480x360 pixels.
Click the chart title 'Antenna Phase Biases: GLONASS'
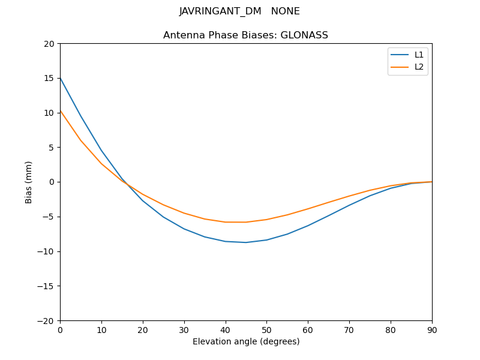coord(245,35)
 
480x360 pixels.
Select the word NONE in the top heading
coord(285,11)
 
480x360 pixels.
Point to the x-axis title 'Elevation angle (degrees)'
coord(245,342)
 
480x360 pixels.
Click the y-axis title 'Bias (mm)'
coord(29,182)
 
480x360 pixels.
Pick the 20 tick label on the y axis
coord(49,44)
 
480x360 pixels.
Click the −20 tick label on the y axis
coord(46,320)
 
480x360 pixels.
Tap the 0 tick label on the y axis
coord(52,182)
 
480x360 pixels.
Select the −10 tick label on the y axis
coord(46,251)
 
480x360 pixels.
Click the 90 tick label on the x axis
coord(431,330)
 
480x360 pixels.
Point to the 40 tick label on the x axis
coord(225,330)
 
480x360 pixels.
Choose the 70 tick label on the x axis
coord(349,330)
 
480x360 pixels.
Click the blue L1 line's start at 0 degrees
coord(61,78)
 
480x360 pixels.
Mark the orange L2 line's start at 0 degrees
coord(61,110)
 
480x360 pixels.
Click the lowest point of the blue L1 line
coord(246,242)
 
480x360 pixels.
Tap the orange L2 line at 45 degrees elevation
coord(246,222)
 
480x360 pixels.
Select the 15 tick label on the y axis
coord(49,78)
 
